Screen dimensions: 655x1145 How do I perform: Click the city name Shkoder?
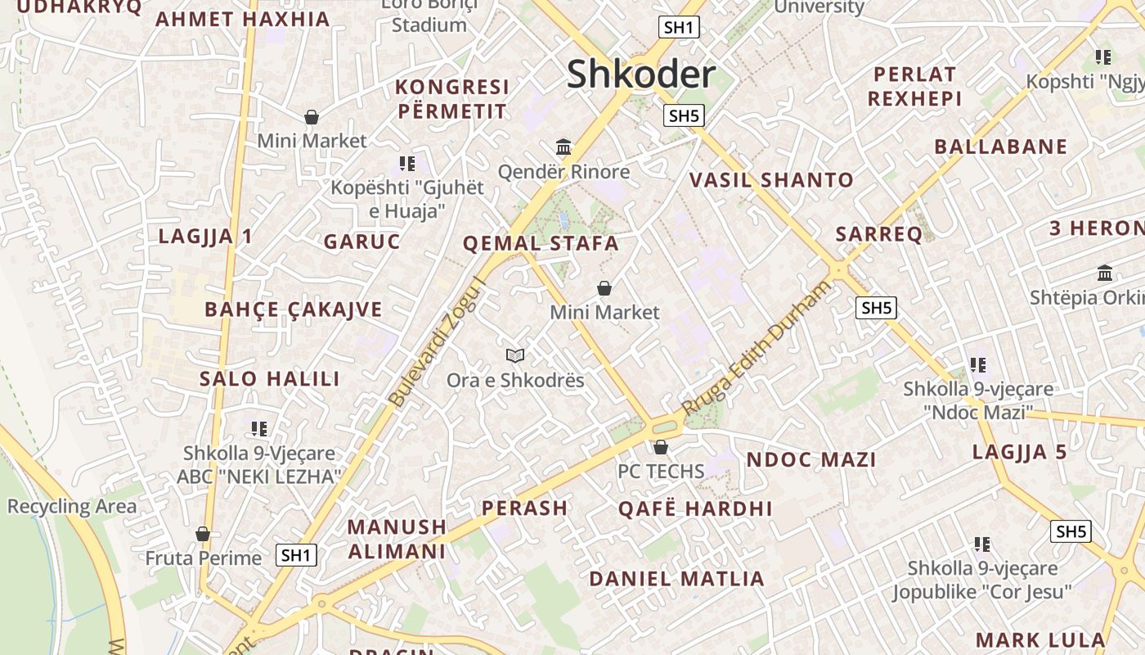coord(641,75)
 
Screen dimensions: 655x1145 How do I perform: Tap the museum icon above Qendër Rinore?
coord(564,147)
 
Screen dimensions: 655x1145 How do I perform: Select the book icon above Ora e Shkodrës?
coord(514,355)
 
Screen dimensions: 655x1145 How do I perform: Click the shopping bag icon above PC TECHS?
coord(660,447)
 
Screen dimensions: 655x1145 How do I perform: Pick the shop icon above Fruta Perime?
coord(203,534)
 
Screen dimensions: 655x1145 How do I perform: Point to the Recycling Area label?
coord(72,507)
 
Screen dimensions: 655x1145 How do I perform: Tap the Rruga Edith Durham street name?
coord(756,348)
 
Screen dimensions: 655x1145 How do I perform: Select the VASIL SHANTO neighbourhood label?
coord(771,180)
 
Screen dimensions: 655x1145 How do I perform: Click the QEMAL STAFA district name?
coord(541,243)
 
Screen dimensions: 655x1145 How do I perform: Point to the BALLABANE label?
coord(1001,147)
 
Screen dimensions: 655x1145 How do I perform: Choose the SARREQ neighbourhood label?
coord(879,234)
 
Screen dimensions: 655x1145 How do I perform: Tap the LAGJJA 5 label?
coord(1019,452)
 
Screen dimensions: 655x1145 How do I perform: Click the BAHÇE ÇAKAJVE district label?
coord(293,309)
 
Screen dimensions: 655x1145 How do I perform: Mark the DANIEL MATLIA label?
coord(676,579)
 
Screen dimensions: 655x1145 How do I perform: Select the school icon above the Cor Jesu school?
coord(982,544)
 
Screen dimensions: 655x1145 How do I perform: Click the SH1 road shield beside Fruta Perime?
coord(296,555)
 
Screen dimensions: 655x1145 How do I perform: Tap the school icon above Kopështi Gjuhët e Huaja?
coord(406,164)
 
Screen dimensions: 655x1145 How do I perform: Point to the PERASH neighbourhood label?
coord(524,508)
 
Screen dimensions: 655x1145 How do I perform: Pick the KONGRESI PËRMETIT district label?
coord(451,98)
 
